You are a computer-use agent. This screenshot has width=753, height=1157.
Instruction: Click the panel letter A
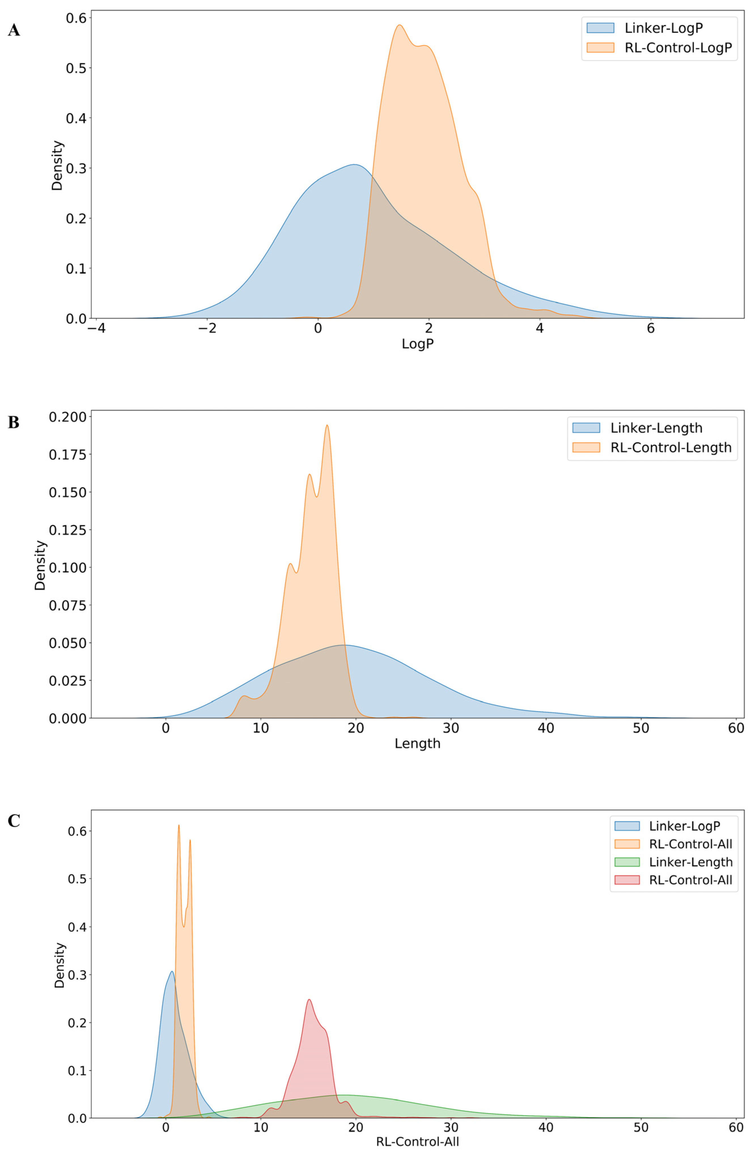click(14, 30)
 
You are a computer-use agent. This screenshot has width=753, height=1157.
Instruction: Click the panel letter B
click(14, 422)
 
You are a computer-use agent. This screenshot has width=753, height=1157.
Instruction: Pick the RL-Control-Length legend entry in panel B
click(670, 447)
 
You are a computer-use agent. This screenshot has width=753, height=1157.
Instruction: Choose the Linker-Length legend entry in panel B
click(656, 428)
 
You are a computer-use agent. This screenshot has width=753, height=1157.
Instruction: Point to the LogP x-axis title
click(417, 344)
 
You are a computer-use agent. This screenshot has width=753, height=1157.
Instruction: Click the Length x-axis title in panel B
click(417, 743)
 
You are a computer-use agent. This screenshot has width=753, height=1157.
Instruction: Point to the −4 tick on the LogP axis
click(96, 329)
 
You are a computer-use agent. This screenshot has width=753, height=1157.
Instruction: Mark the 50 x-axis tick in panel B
click(641, 728)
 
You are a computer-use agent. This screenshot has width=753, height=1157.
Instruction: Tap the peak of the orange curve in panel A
click(399, 25)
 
